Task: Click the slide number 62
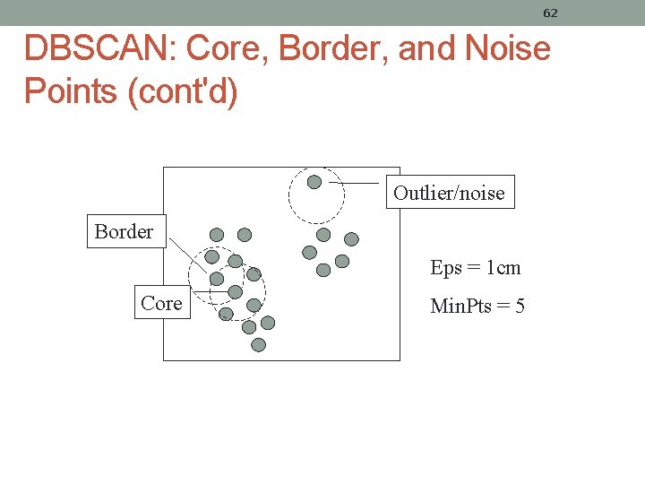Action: [x=550, y=13]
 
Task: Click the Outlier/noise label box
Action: [x=450, y=193]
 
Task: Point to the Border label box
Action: [x=124, y=231]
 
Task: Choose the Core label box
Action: [x=161, y=303]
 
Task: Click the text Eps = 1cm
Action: [x=475, y=267]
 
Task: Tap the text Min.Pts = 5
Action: [x=477, y=307]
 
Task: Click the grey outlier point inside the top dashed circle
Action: [x=314, y=182]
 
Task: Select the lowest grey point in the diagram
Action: [x=259, y=344]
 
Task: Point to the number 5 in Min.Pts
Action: [x=520, y=307]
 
